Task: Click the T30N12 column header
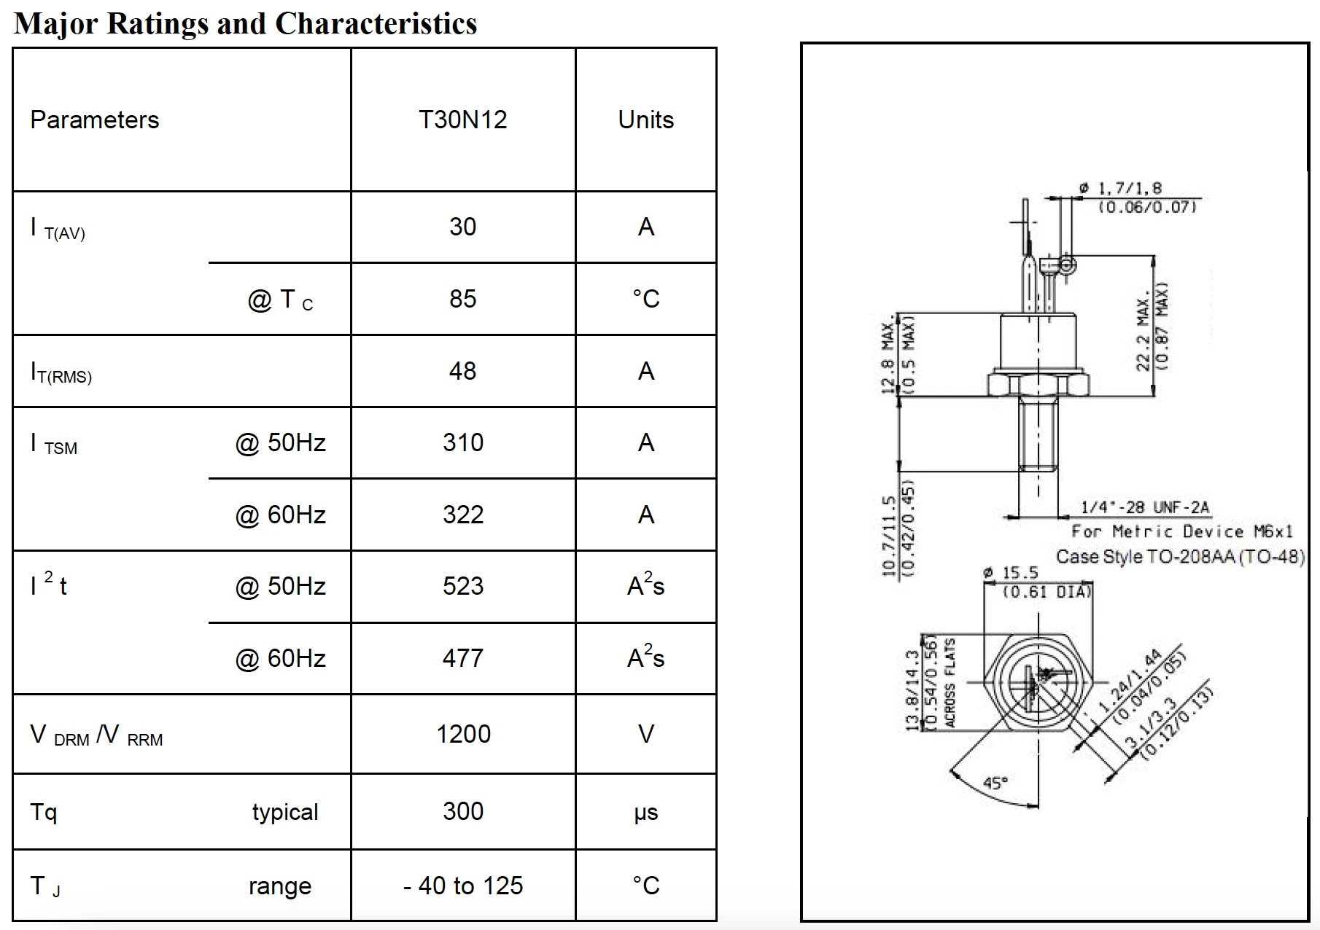(462, 120)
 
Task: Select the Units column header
(645, 120)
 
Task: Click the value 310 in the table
(462, 442)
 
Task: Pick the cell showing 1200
(462, 734)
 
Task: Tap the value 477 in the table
(462, 658)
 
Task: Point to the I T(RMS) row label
(61, 372)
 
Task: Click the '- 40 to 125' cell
(462, 886)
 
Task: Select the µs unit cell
(645, 812)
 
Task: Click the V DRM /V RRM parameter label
(96, 735)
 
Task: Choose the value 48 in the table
(462, 371)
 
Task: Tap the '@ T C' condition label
(280, 300)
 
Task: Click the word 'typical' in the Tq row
(285, 812)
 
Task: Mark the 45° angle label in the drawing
(995, 783)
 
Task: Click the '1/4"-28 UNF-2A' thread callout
(1144, 507)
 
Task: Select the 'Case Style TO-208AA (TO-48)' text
(1180, 557)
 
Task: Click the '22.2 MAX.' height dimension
(1143, 332)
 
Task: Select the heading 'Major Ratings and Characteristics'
(246, 23)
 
